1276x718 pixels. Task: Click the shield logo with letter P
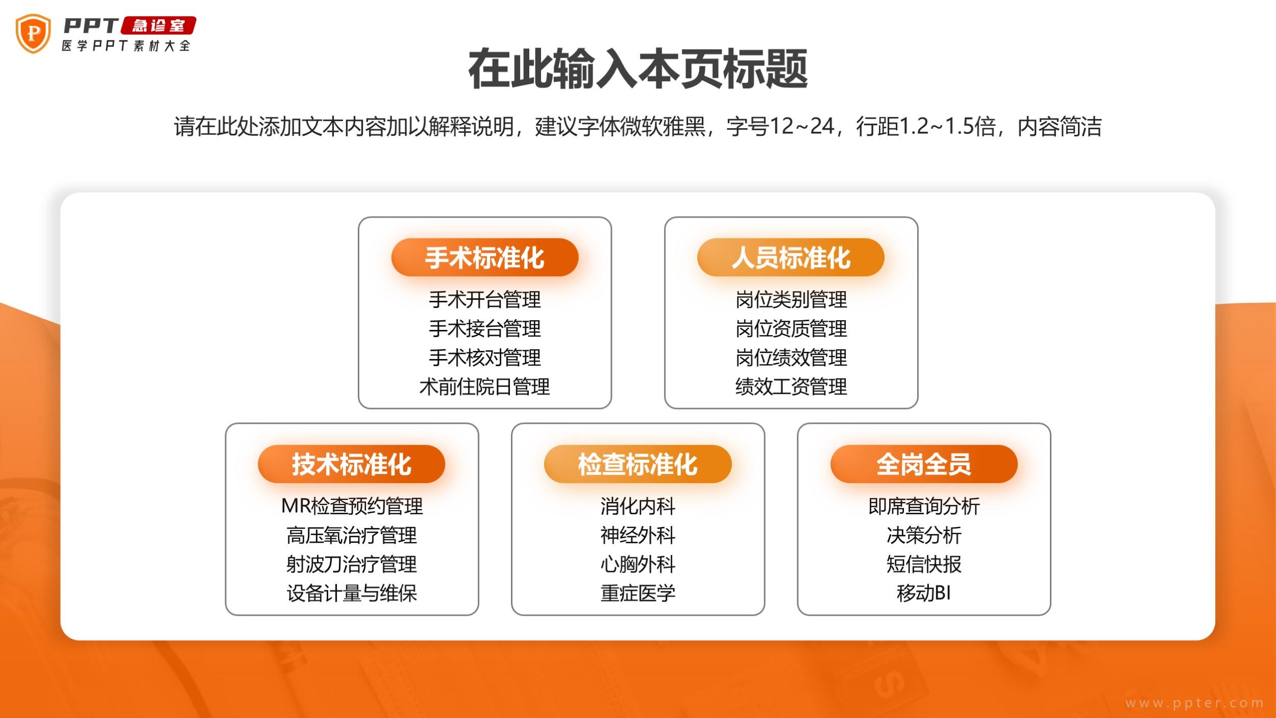(x=33, y=34)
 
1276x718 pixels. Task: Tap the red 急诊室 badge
(x=159, y=26)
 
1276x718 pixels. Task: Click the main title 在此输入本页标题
(x=638, y=69)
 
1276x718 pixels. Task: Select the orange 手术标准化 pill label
(x=485, y=257)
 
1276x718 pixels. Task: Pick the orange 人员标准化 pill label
(x=791, y=257)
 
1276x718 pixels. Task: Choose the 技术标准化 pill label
(x=352, y=464)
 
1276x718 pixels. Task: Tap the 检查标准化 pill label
(x=638, y=464)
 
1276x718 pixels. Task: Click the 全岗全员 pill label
(x=924, y=464)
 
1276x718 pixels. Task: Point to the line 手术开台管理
(x=485, y=300)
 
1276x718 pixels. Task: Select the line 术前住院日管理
(x=485, y=387)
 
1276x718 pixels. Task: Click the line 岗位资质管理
(x=791, y=329)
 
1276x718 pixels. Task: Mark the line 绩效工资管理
(x=791, y=387)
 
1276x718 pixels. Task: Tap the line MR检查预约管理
(x=352, y=507)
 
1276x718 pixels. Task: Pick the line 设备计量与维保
(x=352, y=593)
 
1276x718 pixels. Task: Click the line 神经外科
(x=638, y=536)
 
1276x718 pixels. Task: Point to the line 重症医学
(x=638, y=593)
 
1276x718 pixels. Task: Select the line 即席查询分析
(x=924, y=507)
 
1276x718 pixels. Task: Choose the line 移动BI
(x=924, y=593)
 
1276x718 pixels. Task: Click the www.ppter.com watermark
(x=1194, y=703)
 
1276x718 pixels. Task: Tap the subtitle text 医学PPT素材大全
(x=126, y=45)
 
